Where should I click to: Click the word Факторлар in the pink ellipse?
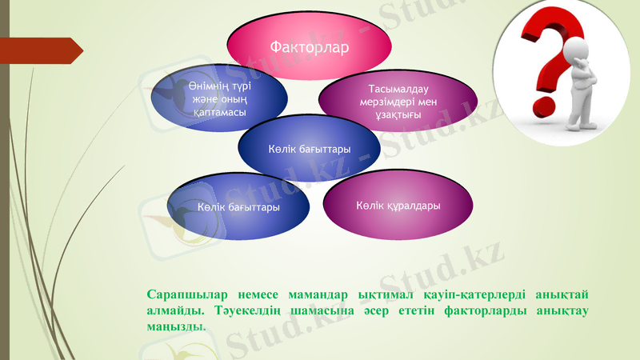[x=309, y=47]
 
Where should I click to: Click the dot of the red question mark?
[x=541, y=106]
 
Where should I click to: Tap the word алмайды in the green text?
[x=174, y=310]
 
